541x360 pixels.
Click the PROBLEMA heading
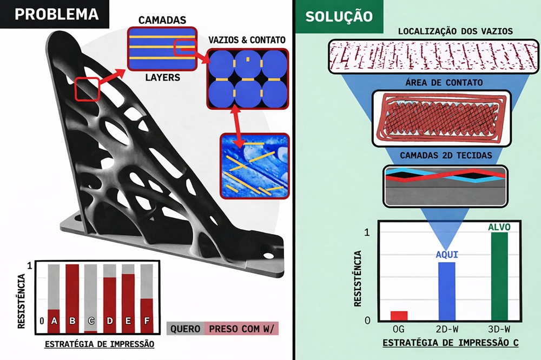click(56, 14)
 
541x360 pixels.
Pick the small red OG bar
click(399, 315)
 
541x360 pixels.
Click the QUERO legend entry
click(186, 329)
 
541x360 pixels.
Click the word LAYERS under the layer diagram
click(162, 78)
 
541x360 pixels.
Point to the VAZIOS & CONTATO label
click(247, 40)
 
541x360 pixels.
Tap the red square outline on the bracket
click(87, 89)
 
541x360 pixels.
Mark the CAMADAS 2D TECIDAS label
click(446, 156)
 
